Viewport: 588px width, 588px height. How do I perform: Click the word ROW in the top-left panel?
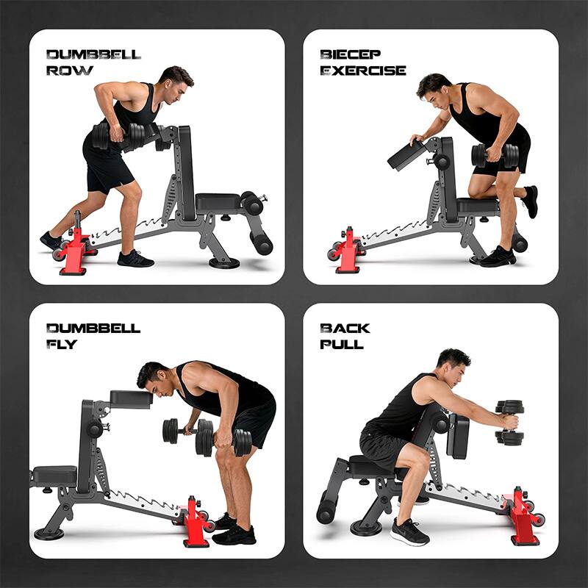(x=70, y=71)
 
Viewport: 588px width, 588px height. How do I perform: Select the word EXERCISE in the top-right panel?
(x=363, y=71)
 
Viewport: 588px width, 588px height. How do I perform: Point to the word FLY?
(x=61, y=345)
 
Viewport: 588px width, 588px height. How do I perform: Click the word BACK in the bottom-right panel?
(x=345, y=328)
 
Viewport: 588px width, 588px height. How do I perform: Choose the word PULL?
(x=342, y=345)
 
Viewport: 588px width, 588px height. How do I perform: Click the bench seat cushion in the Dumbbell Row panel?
(x=218, y=201)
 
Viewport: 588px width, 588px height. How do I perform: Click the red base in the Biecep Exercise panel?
(x=348, y=252)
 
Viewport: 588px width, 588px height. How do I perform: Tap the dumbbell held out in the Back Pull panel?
(x=509, y=422)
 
